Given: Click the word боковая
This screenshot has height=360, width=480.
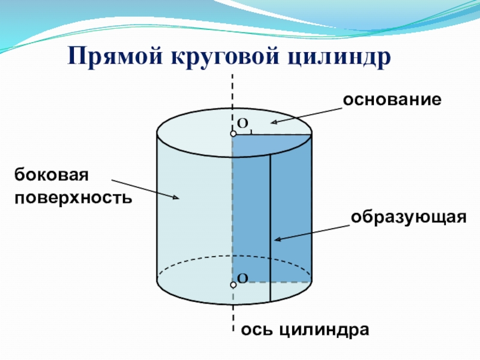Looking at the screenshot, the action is pos(52,176).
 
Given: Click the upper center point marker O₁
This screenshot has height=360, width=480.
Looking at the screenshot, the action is pos(233,134).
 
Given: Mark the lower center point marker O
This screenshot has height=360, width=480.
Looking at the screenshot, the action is pos(233,286).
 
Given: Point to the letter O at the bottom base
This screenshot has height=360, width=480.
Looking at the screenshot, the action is pos(242,278).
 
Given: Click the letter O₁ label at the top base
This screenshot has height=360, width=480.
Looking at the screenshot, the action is pos(244,124).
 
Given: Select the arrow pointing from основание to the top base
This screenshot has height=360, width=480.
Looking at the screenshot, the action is pos(306,115).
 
